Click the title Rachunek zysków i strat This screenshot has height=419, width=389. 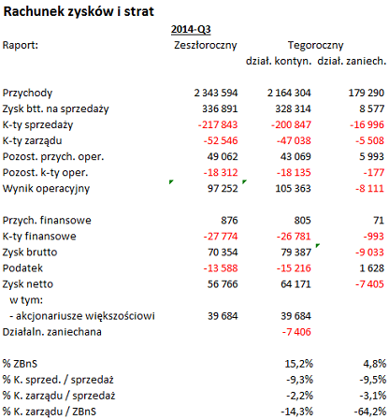[79, 12]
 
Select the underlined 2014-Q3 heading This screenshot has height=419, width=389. [191, 29]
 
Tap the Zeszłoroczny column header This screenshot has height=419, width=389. [206, 45]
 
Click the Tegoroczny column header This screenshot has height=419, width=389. [315, 45]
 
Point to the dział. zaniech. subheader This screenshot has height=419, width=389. [352, 61]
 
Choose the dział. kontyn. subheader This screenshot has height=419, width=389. [279, 61]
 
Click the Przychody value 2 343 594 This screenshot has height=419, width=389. [216, 93]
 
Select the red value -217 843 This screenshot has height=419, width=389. [218, 124]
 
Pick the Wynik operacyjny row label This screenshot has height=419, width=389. [46, 189]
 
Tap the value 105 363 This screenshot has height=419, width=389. [293, 188]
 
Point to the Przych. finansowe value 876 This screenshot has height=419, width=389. [229, 221]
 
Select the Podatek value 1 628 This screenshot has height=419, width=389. [371, 268]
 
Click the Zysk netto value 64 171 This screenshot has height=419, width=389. [295, 284]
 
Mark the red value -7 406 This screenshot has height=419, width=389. [296, 332]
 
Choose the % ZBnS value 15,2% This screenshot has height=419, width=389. [298, 364]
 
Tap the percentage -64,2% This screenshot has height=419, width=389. [370, 412]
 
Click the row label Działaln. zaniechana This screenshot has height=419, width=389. [52, 332]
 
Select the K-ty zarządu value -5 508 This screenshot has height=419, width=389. [369, 140]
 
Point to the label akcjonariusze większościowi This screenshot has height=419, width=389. [85, 316]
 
